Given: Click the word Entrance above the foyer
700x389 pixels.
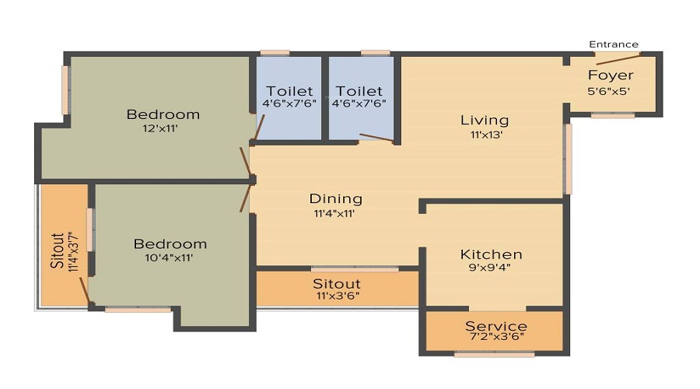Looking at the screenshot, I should (614, 44).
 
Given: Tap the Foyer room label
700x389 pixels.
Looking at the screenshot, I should (610, 75).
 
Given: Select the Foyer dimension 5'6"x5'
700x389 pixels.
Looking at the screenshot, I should (609, 89).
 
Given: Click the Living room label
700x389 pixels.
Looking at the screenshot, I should (485, 120).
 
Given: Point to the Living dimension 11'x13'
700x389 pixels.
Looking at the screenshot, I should (484, 134).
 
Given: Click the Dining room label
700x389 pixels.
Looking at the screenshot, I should (335, 198).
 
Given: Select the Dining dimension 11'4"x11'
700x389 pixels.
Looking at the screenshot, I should (334, 212).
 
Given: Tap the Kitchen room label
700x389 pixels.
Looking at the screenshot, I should (491, 254).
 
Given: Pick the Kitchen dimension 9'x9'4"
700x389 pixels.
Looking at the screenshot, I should (491, 268).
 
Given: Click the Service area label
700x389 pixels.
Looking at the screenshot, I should (495, 326).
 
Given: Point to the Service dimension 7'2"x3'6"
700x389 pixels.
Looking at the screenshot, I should (495, 339).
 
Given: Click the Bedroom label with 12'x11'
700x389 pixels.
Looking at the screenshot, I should (163, 114).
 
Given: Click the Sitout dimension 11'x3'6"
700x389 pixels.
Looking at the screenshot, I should (336, 296).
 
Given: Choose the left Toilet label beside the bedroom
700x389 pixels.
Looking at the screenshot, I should (289, 91).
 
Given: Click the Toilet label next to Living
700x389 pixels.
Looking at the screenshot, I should (358, 91).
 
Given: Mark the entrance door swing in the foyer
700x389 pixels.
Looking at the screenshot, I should (618, 59).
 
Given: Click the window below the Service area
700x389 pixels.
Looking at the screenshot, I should (494, 354).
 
